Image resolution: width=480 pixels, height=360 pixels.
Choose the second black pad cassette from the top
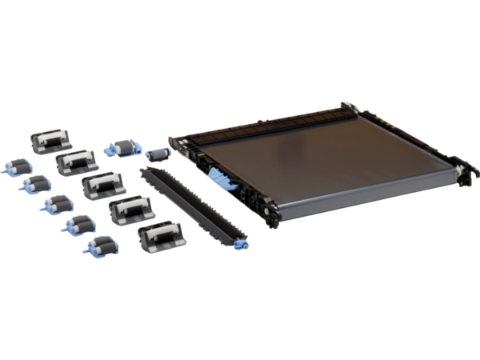point(72,162)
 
